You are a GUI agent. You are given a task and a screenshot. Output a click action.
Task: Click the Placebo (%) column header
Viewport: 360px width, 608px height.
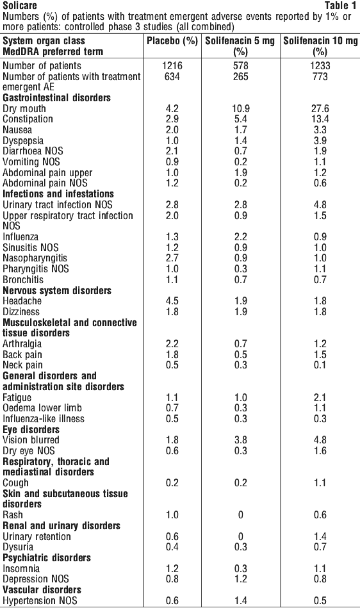point(172,41)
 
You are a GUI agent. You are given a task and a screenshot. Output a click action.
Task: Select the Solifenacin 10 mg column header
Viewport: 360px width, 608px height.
point(320,46)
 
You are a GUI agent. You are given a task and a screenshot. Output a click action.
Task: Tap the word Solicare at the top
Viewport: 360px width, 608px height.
point(20,5)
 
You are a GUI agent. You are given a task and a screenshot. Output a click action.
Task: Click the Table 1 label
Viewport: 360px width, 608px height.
point(340,5)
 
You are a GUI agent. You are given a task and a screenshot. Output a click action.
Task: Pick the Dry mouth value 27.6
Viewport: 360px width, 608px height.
point(320,108)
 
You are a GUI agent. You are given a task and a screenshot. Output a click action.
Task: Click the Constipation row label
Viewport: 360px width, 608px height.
point(28,119)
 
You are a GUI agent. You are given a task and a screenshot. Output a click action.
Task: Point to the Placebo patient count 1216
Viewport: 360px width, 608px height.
point(172,65)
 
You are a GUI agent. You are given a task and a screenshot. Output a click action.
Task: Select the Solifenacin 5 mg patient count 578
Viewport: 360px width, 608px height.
point(241,65)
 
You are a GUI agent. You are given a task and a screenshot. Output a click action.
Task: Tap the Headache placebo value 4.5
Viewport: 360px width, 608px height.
point(172,301)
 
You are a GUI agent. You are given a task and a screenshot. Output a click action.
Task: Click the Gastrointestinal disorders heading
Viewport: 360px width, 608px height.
point(56,98)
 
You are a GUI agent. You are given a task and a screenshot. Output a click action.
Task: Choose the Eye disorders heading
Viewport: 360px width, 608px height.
point(31,430)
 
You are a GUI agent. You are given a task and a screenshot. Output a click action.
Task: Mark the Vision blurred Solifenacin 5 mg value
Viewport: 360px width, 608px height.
point(241,440)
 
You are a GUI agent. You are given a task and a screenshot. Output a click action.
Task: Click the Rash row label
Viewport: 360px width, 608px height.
point(12,515)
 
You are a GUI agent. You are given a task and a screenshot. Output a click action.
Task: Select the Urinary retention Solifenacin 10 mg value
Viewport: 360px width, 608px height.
point(320,537)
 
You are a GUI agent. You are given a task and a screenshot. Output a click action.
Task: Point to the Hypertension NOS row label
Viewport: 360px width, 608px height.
point(40,601)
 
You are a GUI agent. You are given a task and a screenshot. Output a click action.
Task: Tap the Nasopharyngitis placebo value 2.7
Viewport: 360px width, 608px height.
point(172,258)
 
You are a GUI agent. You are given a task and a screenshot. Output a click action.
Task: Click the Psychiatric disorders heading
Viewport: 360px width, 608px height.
point(47,558)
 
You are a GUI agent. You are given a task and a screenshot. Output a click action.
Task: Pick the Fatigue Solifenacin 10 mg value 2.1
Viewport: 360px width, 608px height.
point(320,397)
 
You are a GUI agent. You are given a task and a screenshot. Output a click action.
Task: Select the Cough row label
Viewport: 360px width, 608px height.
point(15,483)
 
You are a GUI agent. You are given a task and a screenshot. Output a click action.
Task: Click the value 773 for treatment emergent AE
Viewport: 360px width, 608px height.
point(320,76)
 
